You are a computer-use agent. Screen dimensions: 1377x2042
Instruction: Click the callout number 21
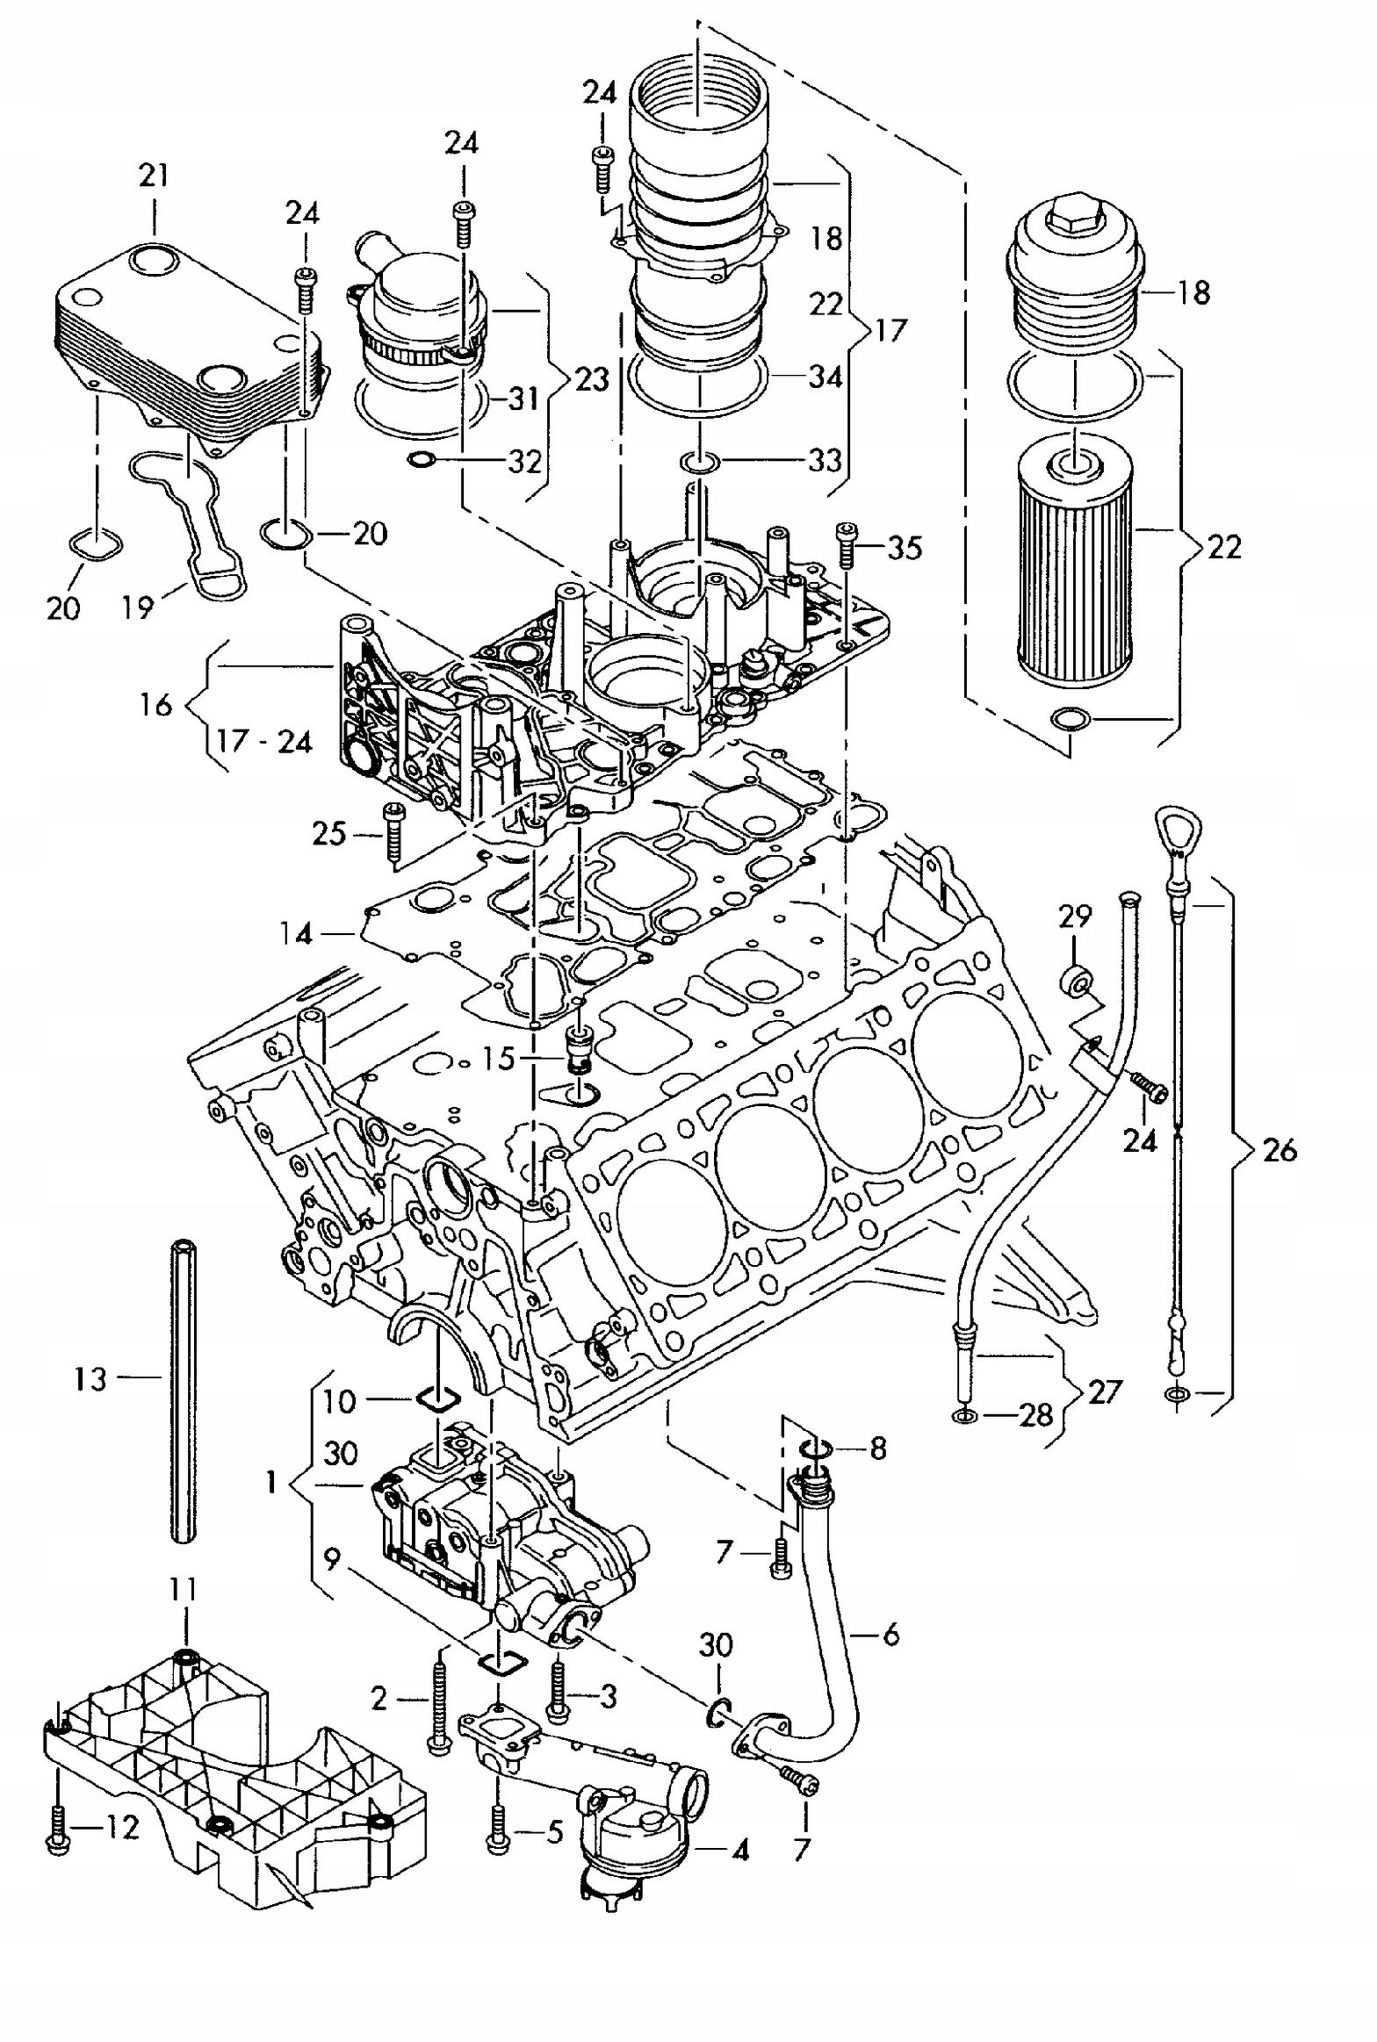155,176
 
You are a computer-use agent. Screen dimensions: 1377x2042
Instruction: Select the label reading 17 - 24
264,743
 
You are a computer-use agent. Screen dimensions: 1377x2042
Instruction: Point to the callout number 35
905,549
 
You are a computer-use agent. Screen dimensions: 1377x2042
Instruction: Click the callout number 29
1075,917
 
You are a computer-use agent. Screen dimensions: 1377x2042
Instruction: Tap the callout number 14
296,934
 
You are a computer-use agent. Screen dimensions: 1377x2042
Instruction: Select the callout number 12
122,1828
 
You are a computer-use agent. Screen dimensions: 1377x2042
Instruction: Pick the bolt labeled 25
393,833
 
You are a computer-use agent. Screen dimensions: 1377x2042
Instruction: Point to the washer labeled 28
965,1415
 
